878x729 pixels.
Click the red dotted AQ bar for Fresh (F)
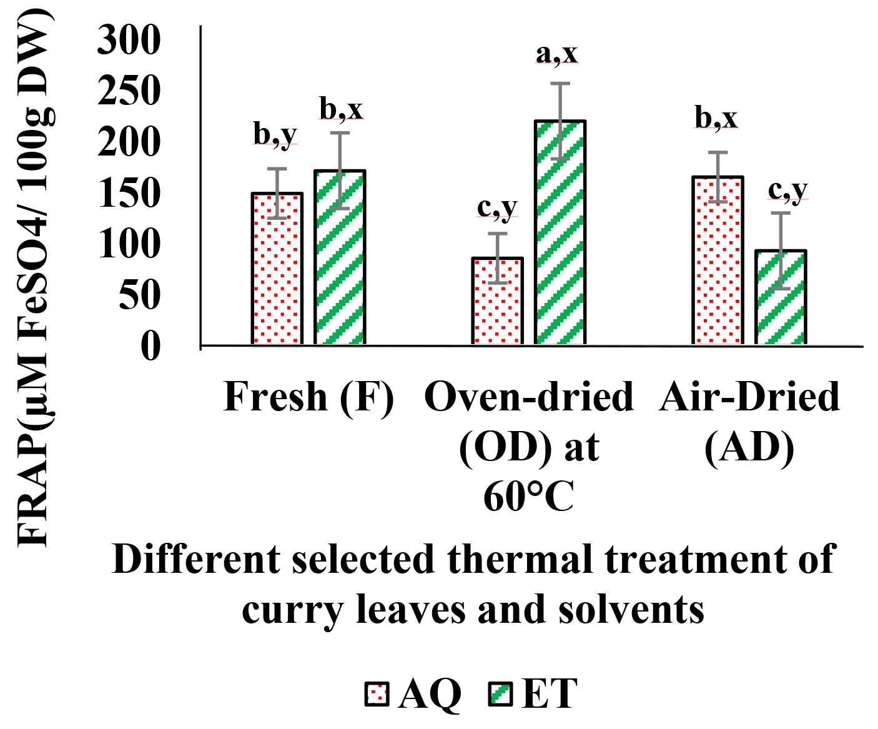tap(277, 269)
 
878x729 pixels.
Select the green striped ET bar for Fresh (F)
tap(339, 257)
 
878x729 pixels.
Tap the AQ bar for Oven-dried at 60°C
tap(498, 301)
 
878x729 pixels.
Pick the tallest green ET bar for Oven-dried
tap(560, 232)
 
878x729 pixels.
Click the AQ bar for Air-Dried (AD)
tap(718, 260)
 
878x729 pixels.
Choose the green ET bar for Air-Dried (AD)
tap(781, 297)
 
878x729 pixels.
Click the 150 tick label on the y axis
tap(129, 193)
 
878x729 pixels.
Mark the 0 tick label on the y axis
tap(150, 345)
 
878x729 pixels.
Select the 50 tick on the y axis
tap(139, 295)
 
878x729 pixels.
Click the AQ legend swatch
tap(377, 694)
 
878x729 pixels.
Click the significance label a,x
tap(556, 54)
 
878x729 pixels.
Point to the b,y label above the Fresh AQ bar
tap(275, 134)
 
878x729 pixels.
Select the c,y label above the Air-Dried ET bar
tap(788, 190)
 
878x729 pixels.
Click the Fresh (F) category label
tap(308, 397)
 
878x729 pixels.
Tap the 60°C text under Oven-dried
tap(528, 498)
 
